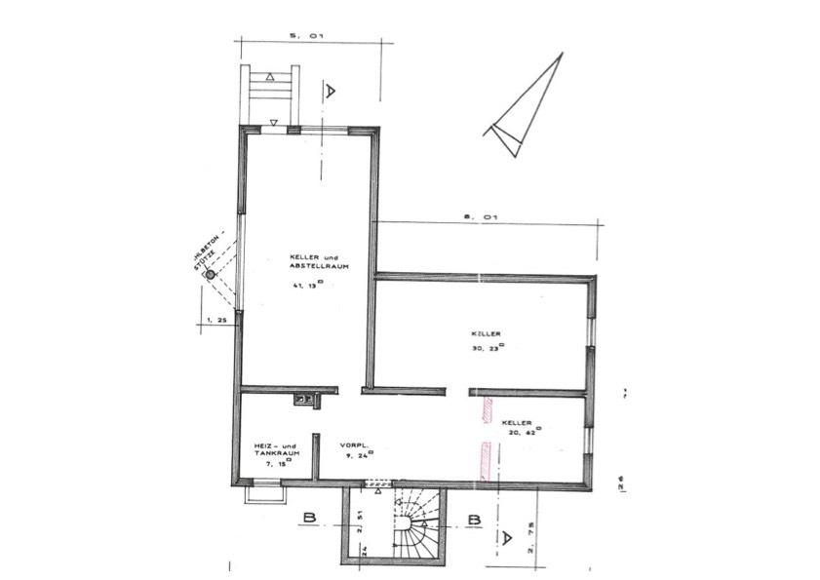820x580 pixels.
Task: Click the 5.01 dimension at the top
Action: tap(306, 35)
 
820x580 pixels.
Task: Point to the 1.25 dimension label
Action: tap(215, 319)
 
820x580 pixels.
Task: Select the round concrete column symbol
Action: tap(209, 276)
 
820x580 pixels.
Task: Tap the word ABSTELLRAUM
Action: tap(318, 265)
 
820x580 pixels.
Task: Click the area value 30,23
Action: tap(487, 347)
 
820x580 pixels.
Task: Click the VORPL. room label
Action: tap(352, 445)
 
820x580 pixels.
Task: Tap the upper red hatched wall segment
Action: tap(485, 409)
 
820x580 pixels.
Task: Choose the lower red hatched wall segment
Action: tap(484, 460)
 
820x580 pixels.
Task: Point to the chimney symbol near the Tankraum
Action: tap(304, 398)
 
